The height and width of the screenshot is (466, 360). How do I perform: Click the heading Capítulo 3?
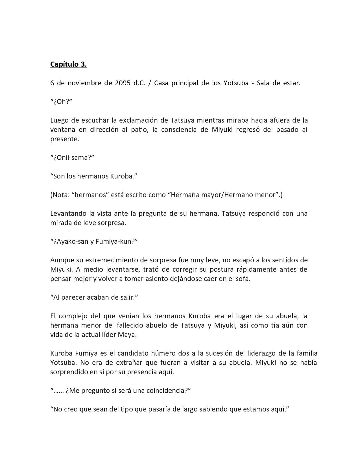[68, 64]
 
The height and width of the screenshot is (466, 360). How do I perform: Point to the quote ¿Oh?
[61, 102]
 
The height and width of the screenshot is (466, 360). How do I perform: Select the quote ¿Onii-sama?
[72, 158]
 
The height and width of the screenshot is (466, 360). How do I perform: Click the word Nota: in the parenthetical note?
[61, 195]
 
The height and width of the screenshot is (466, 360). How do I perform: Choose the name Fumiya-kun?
[115, 241]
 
